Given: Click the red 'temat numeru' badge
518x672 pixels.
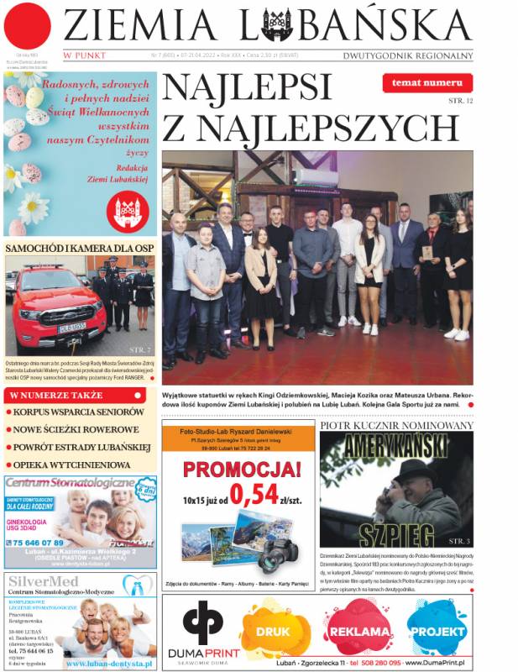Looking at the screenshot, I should (x=426, y=83).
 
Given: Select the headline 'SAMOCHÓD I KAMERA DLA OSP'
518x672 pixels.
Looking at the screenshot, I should (x=80, y=248).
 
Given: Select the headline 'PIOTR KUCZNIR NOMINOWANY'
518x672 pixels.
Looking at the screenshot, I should (x=395, y=426).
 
